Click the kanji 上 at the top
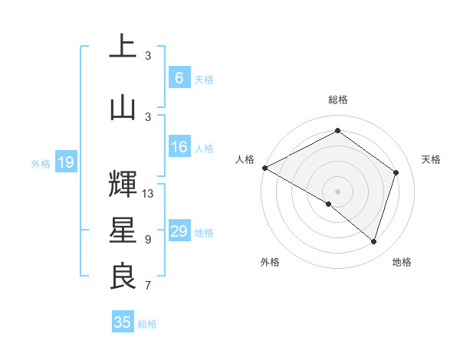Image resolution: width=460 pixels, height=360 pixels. pos(122,47)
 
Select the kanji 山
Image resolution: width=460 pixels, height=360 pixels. pos(122,108)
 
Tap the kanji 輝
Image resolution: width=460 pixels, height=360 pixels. pos(122,184)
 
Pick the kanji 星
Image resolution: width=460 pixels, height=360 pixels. pos(122,231)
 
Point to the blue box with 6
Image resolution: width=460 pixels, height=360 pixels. pos(179,78)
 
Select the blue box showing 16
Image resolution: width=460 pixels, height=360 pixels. pos(179,148)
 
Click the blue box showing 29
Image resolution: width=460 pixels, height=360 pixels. pos(179,231)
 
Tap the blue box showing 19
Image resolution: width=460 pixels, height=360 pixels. pos(65,162)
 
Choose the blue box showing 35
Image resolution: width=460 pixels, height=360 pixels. pos(123,322)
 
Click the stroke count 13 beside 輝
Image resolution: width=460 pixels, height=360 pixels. pos(148,193)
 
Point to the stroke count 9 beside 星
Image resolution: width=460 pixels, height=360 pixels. pos(148,240)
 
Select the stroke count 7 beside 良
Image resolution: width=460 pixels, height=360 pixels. pos(148,286)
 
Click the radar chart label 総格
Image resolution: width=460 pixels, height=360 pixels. pos(337,100)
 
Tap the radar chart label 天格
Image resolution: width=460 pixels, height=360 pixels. pos(431,159)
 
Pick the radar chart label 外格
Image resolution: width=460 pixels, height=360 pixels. pos(270,262)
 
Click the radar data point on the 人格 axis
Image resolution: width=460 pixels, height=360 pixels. pos(264,168)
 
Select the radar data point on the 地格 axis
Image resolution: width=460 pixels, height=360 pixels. pos(374,242)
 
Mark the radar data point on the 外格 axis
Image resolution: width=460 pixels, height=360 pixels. pos(329,204)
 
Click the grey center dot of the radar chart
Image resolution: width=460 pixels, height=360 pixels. pos(337,191)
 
